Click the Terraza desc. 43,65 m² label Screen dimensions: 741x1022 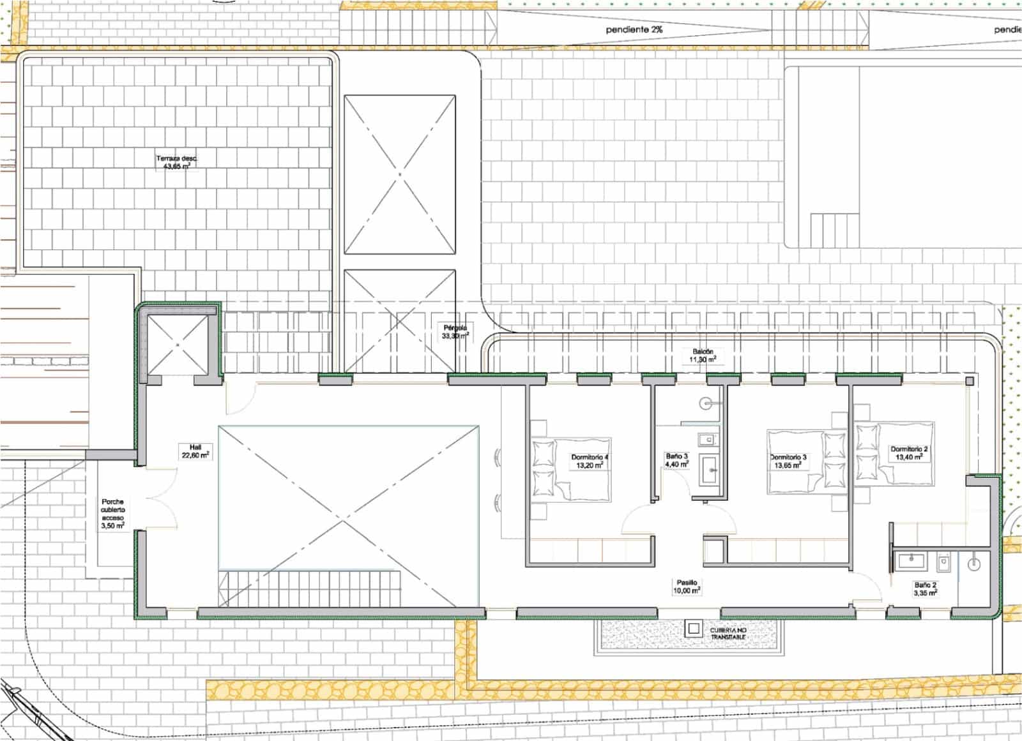(177, 163)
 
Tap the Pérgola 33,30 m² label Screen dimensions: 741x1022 (455, 331)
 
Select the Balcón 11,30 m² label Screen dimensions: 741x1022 (703, 356)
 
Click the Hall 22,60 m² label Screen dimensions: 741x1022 (195, 451)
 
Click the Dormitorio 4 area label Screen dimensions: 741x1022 (590, 461)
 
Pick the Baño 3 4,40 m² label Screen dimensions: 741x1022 (677, 460)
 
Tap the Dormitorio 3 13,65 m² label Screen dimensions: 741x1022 (788, 461)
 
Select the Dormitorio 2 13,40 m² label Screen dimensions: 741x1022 (909, 453)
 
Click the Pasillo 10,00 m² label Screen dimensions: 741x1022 (687, 587)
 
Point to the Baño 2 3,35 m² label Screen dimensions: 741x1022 (925, 588)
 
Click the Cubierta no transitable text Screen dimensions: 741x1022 (728, 633)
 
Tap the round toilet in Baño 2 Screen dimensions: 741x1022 (973, 564)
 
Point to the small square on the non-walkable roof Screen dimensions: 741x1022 (694, 629)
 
